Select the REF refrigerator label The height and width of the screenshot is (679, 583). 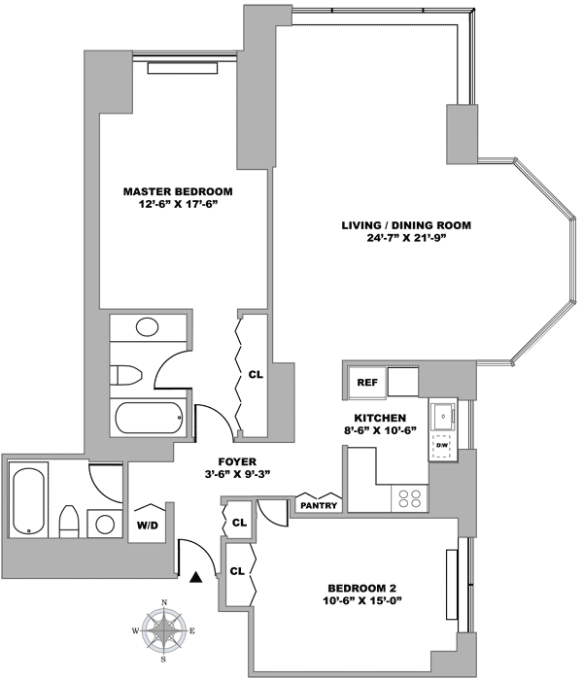tap(367, 383)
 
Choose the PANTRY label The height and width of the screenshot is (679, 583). tap(319, 505)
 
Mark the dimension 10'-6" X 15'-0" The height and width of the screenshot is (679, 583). tap(361, 602)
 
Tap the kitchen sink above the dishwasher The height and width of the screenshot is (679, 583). tap(444, 416)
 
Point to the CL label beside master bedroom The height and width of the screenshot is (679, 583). tap(256, 373)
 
